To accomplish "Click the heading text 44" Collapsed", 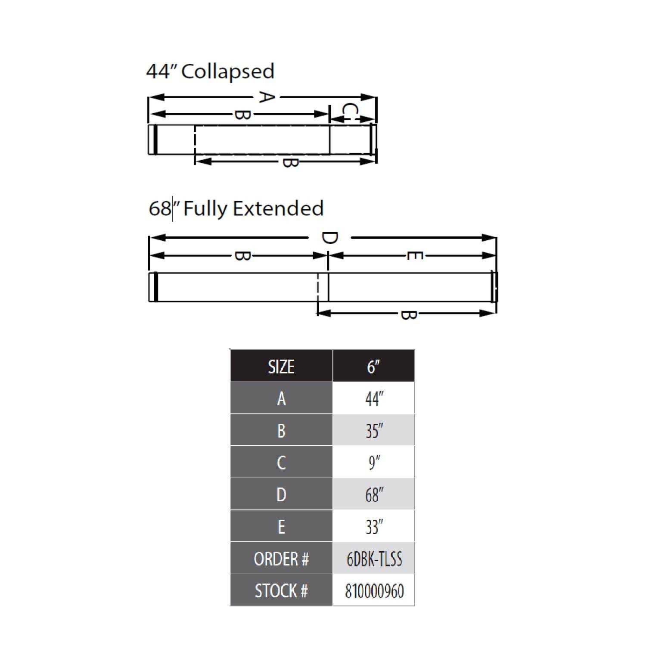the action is [x=210, y=71].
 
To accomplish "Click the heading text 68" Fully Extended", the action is [x=236, y=208].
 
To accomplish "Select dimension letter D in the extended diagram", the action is [x=329, y=238].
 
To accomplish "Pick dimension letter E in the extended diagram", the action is [x=414, y=256].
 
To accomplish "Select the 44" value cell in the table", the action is [x=374, y=398].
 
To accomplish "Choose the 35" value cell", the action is [x=374, y=430].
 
